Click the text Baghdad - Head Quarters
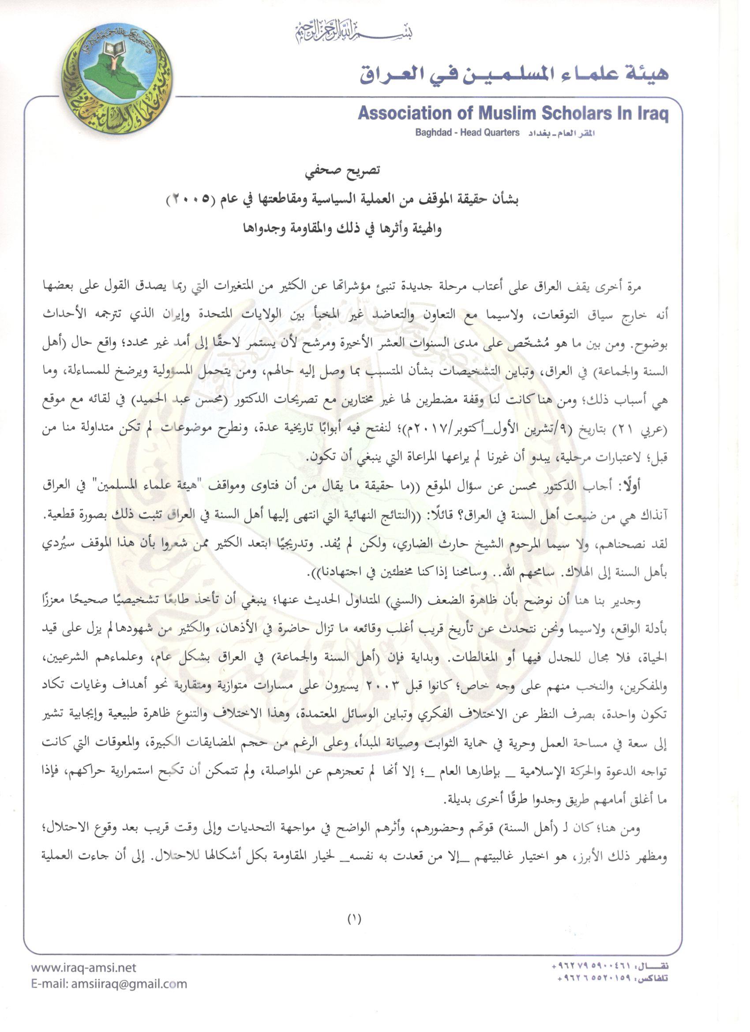(467, 133)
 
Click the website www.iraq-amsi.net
(84, 968)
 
